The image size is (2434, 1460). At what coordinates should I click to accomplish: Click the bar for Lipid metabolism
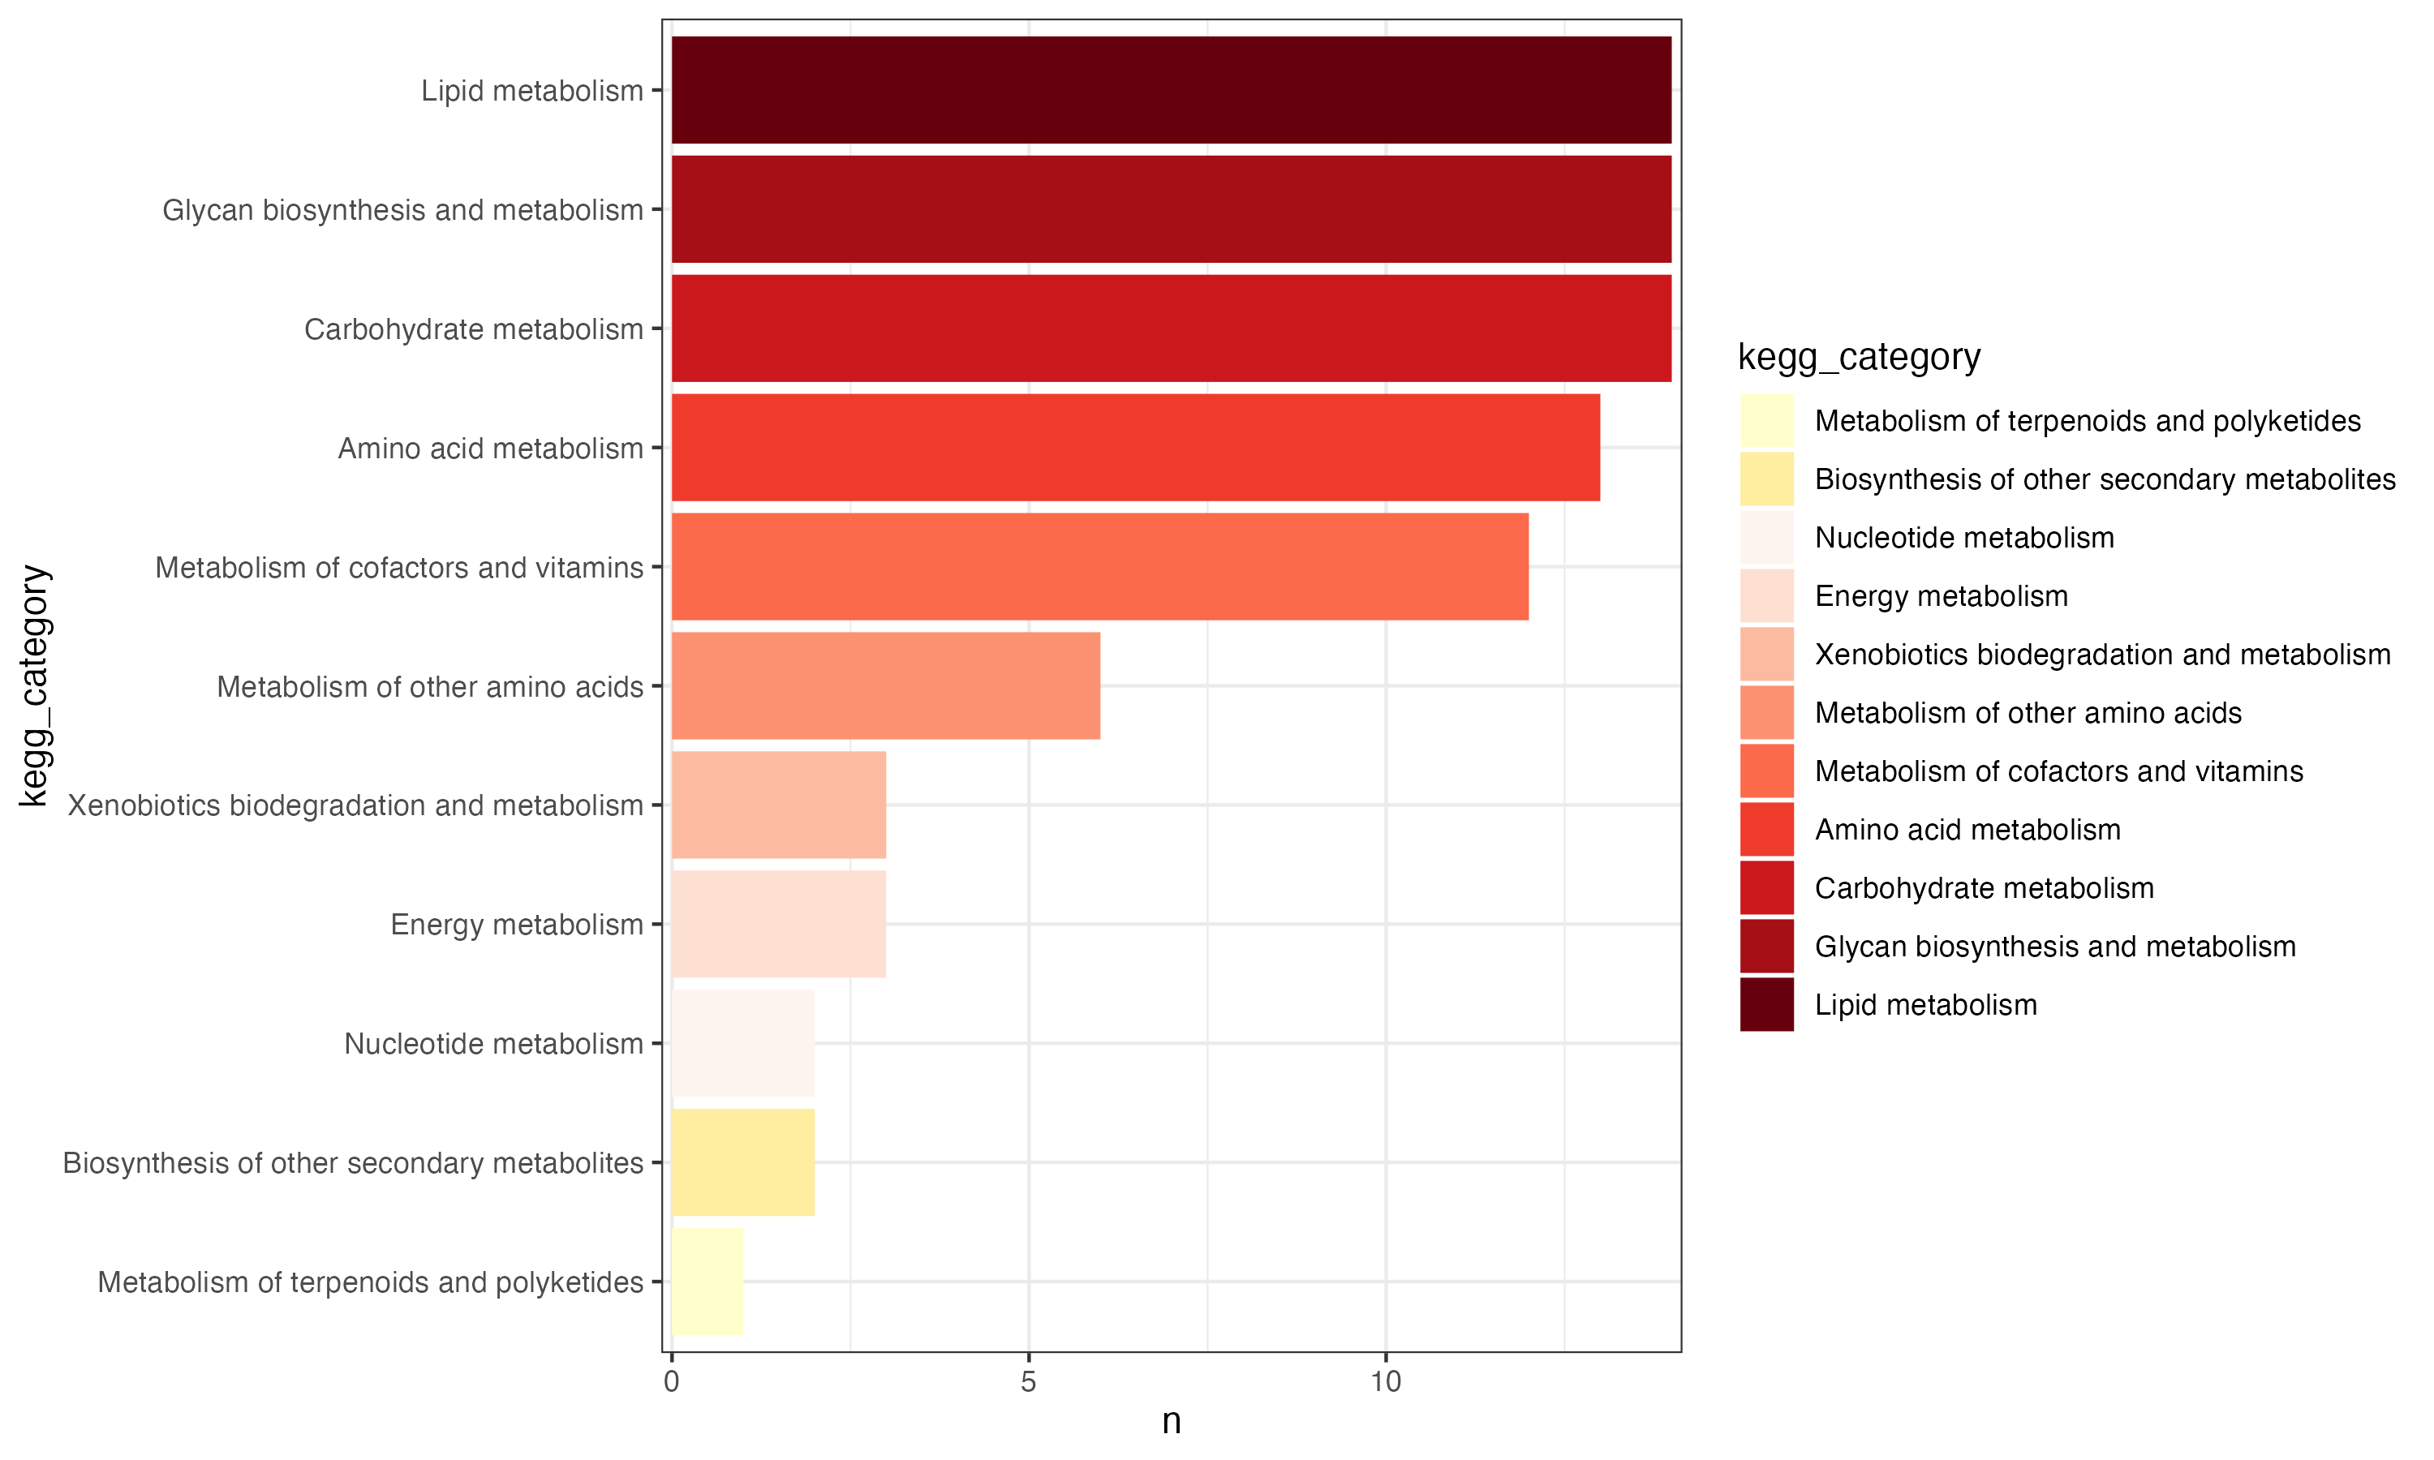tap(1171, 91)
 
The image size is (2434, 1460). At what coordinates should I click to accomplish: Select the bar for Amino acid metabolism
tap(1135, 448)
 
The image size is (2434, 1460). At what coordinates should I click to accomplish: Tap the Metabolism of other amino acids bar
tap(885, 685)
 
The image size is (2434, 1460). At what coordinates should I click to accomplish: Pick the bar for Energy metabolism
tap(778, 924)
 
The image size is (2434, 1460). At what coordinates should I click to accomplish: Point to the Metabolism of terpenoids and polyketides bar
tap(707, 1281)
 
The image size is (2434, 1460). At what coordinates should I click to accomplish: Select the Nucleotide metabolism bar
tap(743, 1043)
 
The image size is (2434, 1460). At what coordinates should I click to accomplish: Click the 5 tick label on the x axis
tap(1028, 1382)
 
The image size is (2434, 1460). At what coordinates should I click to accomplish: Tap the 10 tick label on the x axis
tap(1385, 1382)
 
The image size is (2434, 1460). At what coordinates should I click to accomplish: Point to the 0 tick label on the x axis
tap(671, 1382)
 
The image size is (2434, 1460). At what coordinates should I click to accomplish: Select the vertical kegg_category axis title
tap(33, 685)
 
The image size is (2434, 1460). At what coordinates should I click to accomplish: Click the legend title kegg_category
tap(1859, 356)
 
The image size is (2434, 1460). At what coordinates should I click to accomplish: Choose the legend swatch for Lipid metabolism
tap(1766, 1004)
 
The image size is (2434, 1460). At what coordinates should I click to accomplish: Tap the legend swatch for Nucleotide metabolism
tap(1766, 537)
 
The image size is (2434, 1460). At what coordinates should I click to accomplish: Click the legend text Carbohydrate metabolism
tap(1984, 888)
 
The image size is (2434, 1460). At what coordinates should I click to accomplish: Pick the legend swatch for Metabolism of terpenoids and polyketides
tap(1766, 420)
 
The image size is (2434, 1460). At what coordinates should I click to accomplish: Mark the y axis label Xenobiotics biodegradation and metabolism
tap(355, 805)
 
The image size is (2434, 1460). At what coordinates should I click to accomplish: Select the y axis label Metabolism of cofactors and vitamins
tap(398, 568)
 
